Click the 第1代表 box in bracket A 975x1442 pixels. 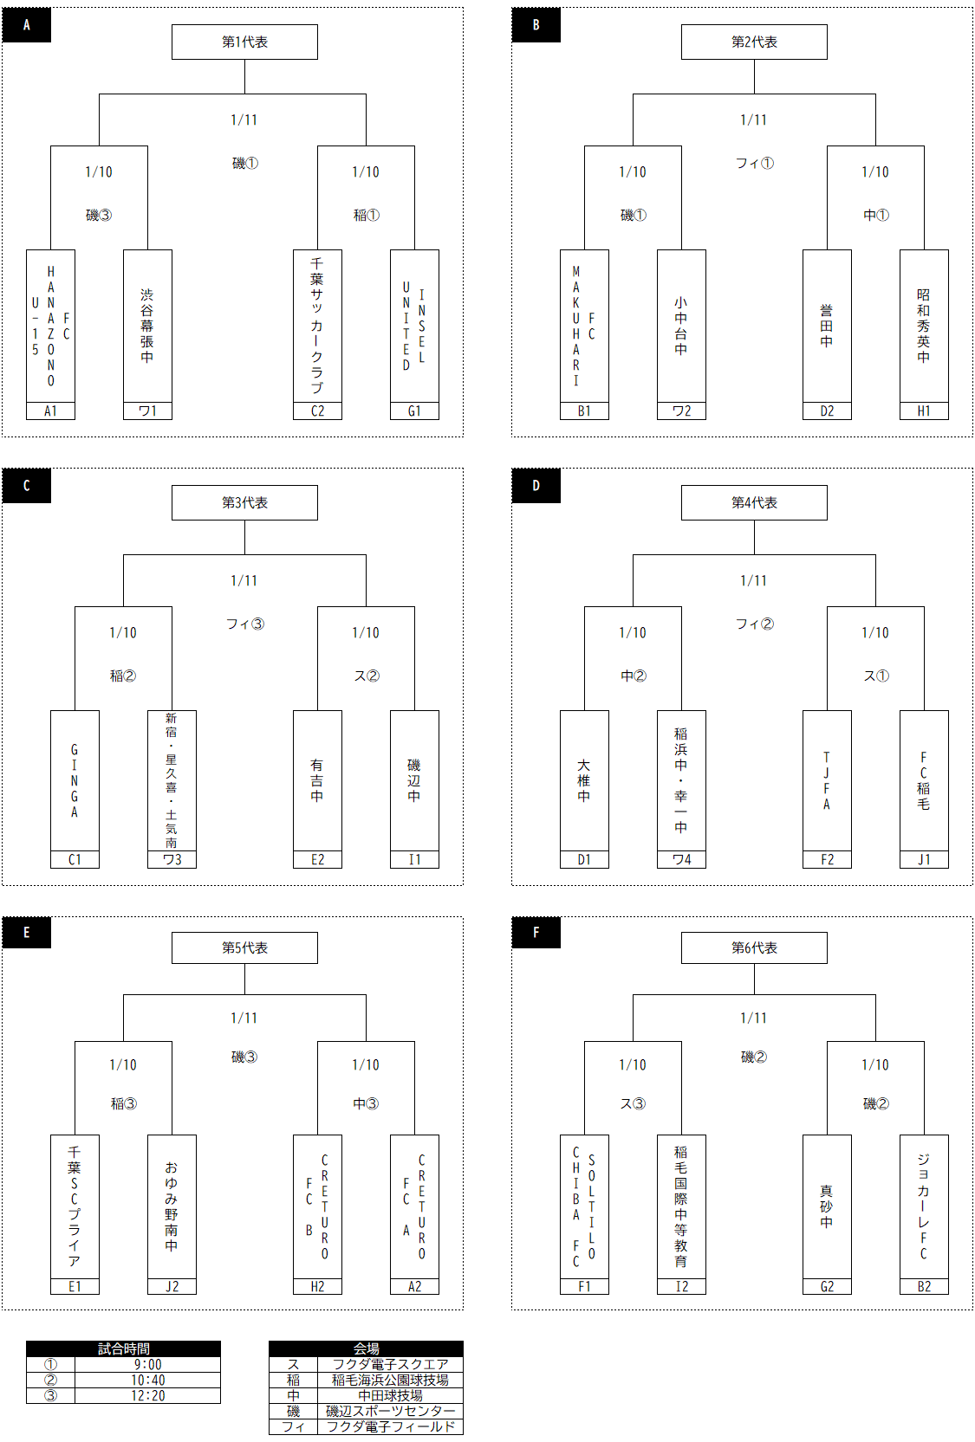[x=244, y=42]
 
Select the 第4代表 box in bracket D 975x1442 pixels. [x=754, y=502]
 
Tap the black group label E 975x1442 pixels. [x=27, y=933]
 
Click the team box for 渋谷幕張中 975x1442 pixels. [x=147, y=326]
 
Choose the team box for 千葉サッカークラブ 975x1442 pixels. [x=317, y=326]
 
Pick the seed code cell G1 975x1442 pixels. [x=414, y=411]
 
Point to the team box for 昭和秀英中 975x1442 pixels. [x=924, y=326]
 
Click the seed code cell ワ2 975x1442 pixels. [x=681, y=411]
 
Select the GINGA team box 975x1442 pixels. [x=75, y=780]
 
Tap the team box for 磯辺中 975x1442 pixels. [x=414, y=780]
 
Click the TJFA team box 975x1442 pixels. [x=827, y=780]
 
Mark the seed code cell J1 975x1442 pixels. [x=924, y=860]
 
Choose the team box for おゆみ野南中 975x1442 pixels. [x=172, y=1206]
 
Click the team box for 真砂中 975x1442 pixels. [x=827, y=1206]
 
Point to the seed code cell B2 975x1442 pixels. [x=924, y=1287]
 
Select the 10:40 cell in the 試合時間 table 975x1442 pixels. [x=148, y=1381]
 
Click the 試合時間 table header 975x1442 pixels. [x=123, y=1348]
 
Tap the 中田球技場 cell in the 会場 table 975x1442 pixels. [x=390, y=1396]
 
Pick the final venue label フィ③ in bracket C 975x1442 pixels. [x=245, y=624]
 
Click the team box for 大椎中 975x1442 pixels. [x=584, y=780]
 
